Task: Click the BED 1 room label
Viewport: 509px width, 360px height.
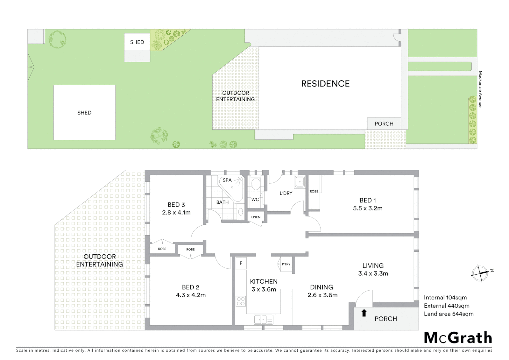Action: [368, 200]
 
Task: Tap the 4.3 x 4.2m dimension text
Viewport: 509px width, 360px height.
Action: [191, 295]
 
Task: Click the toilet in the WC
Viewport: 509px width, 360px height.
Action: [256, 184]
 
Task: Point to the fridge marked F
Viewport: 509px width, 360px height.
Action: [241, 263]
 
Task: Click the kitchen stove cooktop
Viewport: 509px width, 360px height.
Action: [241, 301]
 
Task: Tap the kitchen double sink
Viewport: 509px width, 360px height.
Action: [263, 320]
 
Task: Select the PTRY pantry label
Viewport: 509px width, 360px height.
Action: [286, 264]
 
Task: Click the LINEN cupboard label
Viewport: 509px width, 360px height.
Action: [256, 217]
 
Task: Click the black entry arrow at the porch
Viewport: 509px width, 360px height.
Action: [364, 313]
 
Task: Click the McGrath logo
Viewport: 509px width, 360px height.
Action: [458, 338]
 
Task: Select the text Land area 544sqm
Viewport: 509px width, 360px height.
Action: [448, 314]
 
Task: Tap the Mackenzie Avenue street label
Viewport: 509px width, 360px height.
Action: [480, 89]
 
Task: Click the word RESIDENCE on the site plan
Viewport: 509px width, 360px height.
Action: [325, 84]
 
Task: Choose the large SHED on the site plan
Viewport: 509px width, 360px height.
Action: [84, 113]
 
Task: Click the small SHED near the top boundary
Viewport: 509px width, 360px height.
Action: [137, 42]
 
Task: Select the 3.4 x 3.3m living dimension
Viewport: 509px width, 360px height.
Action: [373, 274]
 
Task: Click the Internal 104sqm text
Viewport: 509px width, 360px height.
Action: [445, 298]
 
